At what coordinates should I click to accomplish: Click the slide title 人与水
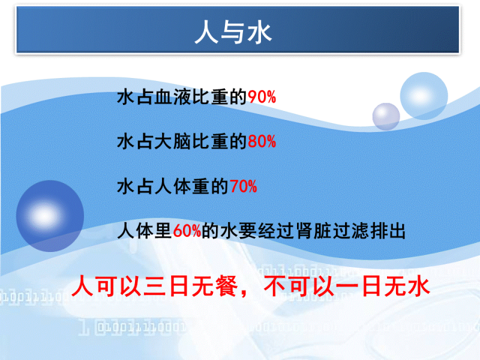coord(233,32)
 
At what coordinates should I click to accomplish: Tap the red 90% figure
coord(262,97)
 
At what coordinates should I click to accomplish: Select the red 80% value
coord(262,142)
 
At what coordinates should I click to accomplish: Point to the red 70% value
coord(243,186)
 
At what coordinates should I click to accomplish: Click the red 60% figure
coord(187,231)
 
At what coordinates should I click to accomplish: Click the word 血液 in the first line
coord(173,97)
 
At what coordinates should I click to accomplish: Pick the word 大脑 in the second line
coord(173,142)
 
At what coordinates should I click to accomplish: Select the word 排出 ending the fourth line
coord(388,231)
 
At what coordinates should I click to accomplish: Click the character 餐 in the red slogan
coord(227,286)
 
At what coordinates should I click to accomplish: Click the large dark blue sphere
coord(50,216)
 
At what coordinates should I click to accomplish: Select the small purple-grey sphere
coord(386,116)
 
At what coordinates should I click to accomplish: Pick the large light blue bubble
coord(424,96)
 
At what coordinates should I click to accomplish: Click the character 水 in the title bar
coord(260,32)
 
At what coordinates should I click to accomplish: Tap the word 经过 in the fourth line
coord(277,231)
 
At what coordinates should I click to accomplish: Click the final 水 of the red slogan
coord(419,286)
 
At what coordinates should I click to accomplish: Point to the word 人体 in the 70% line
coord(173,186)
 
